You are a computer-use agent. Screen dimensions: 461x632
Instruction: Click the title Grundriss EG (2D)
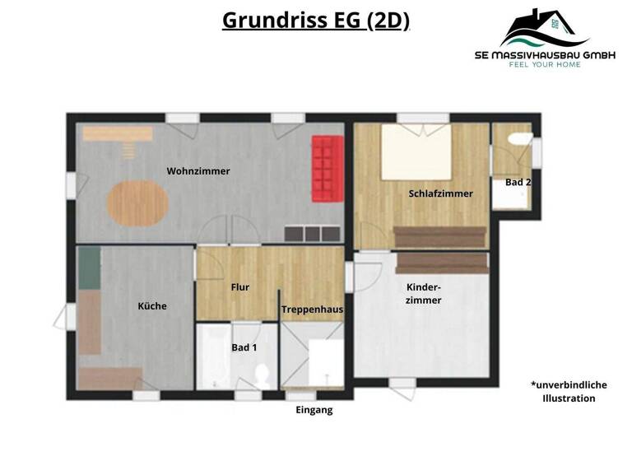[316, 21]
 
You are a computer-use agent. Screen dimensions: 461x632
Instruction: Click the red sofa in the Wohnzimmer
[326, 168]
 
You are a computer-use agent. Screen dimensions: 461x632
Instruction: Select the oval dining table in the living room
[137, 203]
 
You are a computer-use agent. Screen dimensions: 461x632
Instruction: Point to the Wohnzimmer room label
[198, 171]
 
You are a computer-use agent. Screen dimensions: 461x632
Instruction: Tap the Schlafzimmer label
[440, 193]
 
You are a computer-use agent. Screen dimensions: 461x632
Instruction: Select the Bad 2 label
[518, 182]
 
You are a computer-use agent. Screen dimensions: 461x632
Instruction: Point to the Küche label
[152, 306]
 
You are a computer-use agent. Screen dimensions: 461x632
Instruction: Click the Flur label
[239, 287]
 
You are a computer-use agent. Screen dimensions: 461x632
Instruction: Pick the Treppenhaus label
[312, 310]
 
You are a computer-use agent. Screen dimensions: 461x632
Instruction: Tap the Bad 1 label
[244, 347]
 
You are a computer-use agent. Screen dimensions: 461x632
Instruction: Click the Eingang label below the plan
[314, 409]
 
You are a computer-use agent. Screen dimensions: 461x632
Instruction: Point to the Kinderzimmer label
[424, 294]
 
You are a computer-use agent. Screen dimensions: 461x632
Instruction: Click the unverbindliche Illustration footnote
[568, 391]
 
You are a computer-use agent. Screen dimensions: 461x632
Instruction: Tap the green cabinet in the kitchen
[89, 268]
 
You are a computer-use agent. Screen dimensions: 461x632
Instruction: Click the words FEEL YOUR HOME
[545, 64]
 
